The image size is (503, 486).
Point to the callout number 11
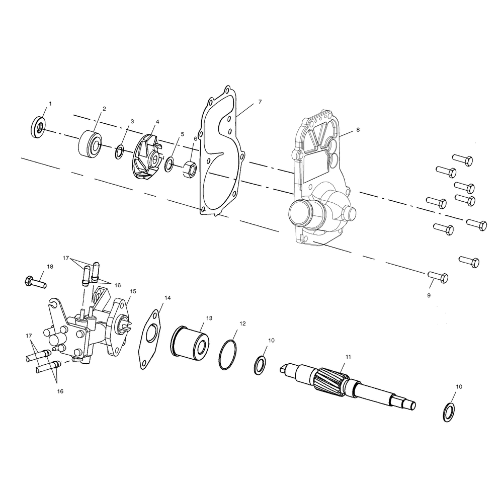pyautogui.click(x=348, y=357)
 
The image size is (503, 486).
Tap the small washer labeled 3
pyautogui.click(x=120, y=151)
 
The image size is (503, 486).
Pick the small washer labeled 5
pyautogui.click(x=170, y=163)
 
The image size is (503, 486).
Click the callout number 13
pyautogui.click(x=209, y=318)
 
